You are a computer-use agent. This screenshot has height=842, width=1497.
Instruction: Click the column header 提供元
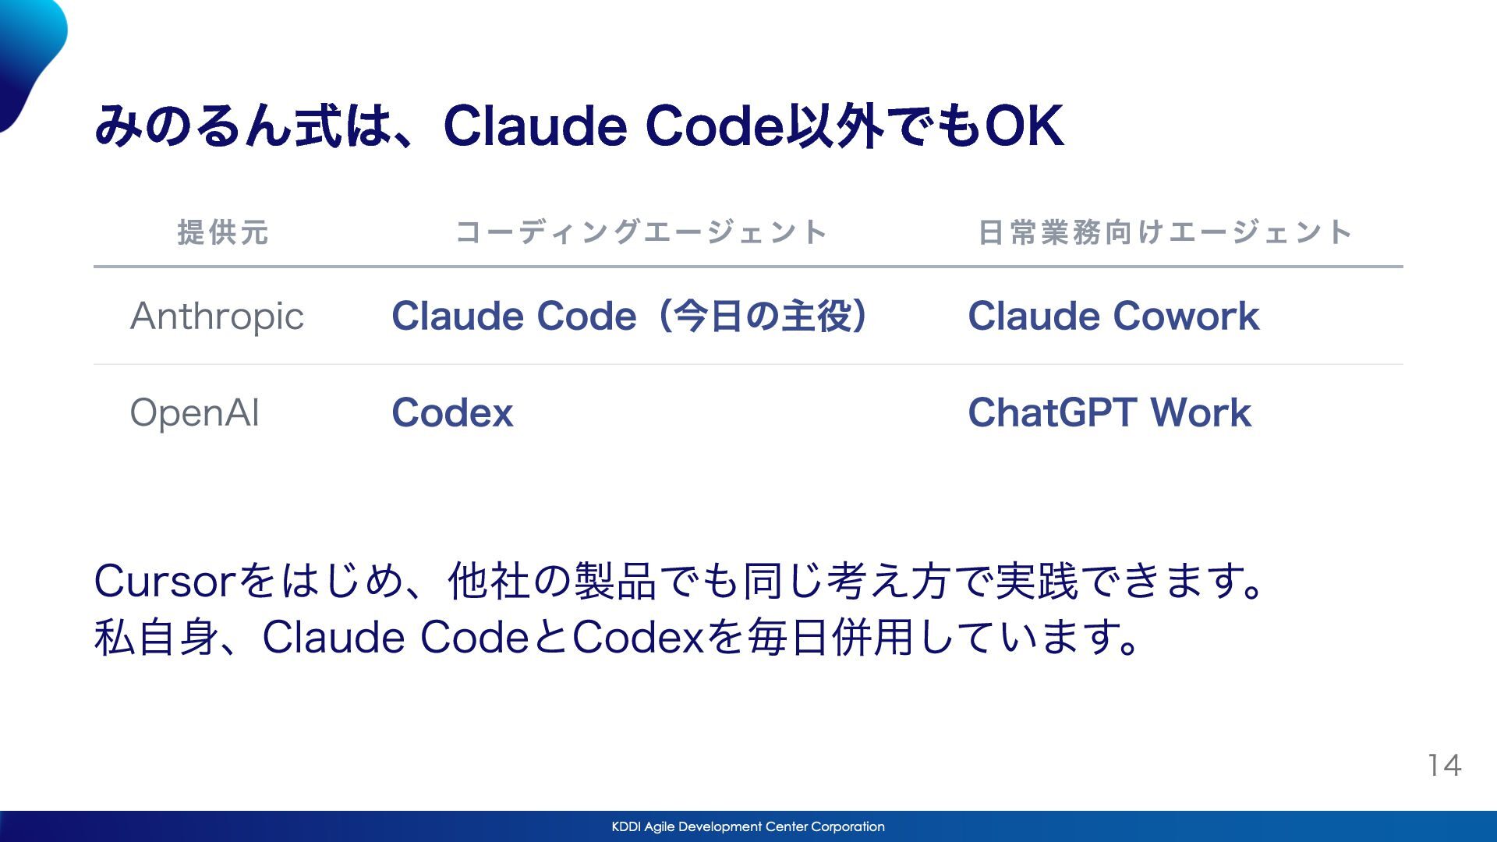[x=223, y=232]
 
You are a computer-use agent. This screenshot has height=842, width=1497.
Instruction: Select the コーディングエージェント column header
[x=641, y=232]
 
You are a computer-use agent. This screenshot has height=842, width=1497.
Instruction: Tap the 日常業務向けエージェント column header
[x=1165, y=232]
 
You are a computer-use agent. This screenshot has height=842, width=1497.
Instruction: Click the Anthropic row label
[x=217, y=317]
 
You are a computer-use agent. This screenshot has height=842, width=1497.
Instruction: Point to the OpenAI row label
[x=194, y=412]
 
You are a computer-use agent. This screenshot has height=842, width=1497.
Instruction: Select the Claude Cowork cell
[x=1113, y=316]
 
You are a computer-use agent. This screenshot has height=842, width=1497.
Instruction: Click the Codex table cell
[x=452, y=412]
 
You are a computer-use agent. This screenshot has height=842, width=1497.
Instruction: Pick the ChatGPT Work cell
[x=1109, y=412]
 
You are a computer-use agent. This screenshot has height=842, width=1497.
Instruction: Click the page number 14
[x=1444, y=766]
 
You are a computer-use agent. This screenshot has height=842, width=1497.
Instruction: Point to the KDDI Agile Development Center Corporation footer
[x=748, y=826]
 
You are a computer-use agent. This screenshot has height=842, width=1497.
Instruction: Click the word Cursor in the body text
[x=165, y=581]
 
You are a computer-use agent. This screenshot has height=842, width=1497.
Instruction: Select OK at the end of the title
[x=1024, y=126]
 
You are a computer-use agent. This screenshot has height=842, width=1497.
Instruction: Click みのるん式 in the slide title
[x=218, y=126]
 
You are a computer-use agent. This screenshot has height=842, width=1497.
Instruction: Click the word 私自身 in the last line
[x=157, y=637]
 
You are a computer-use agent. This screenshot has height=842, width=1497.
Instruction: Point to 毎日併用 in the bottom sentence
[x=830, y=637]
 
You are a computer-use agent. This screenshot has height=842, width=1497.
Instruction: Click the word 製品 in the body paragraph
[x=615, y=581]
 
